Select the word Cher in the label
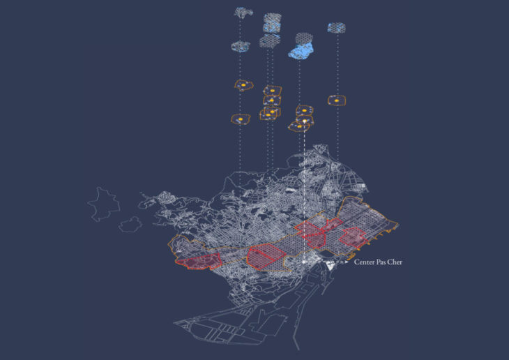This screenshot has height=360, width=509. (395, 262)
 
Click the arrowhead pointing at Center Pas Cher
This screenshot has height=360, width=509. (347, 262)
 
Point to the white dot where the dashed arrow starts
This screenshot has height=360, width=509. (304, 262)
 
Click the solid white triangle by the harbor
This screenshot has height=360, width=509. (331, 266)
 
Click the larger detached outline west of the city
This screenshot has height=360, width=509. (104, 204)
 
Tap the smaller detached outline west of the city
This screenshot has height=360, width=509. (130, 224)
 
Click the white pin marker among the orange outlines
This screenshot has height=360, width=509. (305, 121)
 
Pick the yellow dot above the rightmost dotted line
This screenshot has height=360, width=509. (337, 100)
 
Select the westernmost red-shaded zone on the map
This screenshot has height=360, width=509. (199, 262)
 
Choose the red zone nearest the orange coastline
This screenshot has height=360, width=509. (354, 238)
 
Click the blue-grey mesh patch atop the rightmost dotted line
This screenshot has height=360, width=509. (336, 28)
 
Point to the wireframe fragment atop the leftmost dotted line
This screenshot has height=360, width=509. (243, 13)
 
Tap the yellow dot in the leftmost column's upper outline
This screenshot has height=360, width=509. (243, 85)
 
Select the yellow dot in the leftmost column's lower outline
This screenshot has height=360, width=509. (241, 119)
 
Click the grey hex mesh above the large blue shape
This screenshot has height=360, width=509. (304, 38)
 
